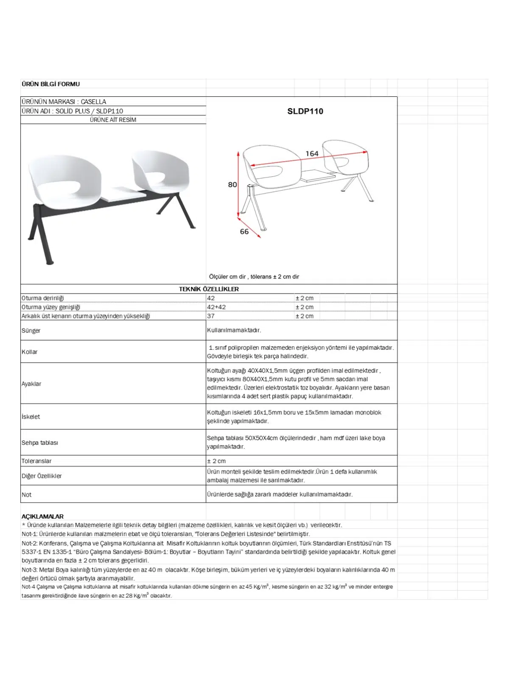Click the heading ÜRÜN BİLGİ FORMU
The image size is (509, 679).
tap(50, 84)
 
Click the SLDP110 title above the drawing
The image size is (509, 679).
tap(305, 111)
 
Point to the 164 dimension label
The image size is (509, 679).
tap(312, 154)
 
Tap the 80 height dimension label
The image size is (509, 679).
tap(232, 185)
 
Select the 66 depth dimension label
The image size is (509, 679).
tap(244, 231)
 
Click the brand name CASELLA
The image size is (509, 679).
tap(93, 102)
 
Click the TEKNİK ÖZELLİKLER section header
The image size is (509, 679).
tap(209, 289)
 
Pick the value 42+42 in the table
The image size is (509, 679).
tap(216, 307)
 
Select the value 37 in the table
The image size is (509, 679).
tap(211, 316)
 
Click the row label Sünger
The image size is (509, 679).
tap(31, 331)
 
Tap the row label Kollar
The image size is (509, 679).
tap(30, 352)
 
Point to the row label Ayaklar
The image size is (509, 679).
tap(31, 384)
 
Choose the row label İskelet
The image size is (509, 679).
tap(31, 417)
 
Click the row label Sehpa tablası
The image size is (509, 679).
tap(40, 443)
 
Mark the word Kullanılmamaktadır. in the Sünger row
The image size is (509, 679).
tap(234, 330)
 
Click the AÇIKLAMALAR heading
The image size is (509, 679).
tap(42, 516)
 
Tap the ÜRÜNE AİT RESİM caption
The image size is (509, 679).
tap(113, 120)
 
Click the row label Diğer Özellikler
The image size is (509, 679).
tap(42, 476)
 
